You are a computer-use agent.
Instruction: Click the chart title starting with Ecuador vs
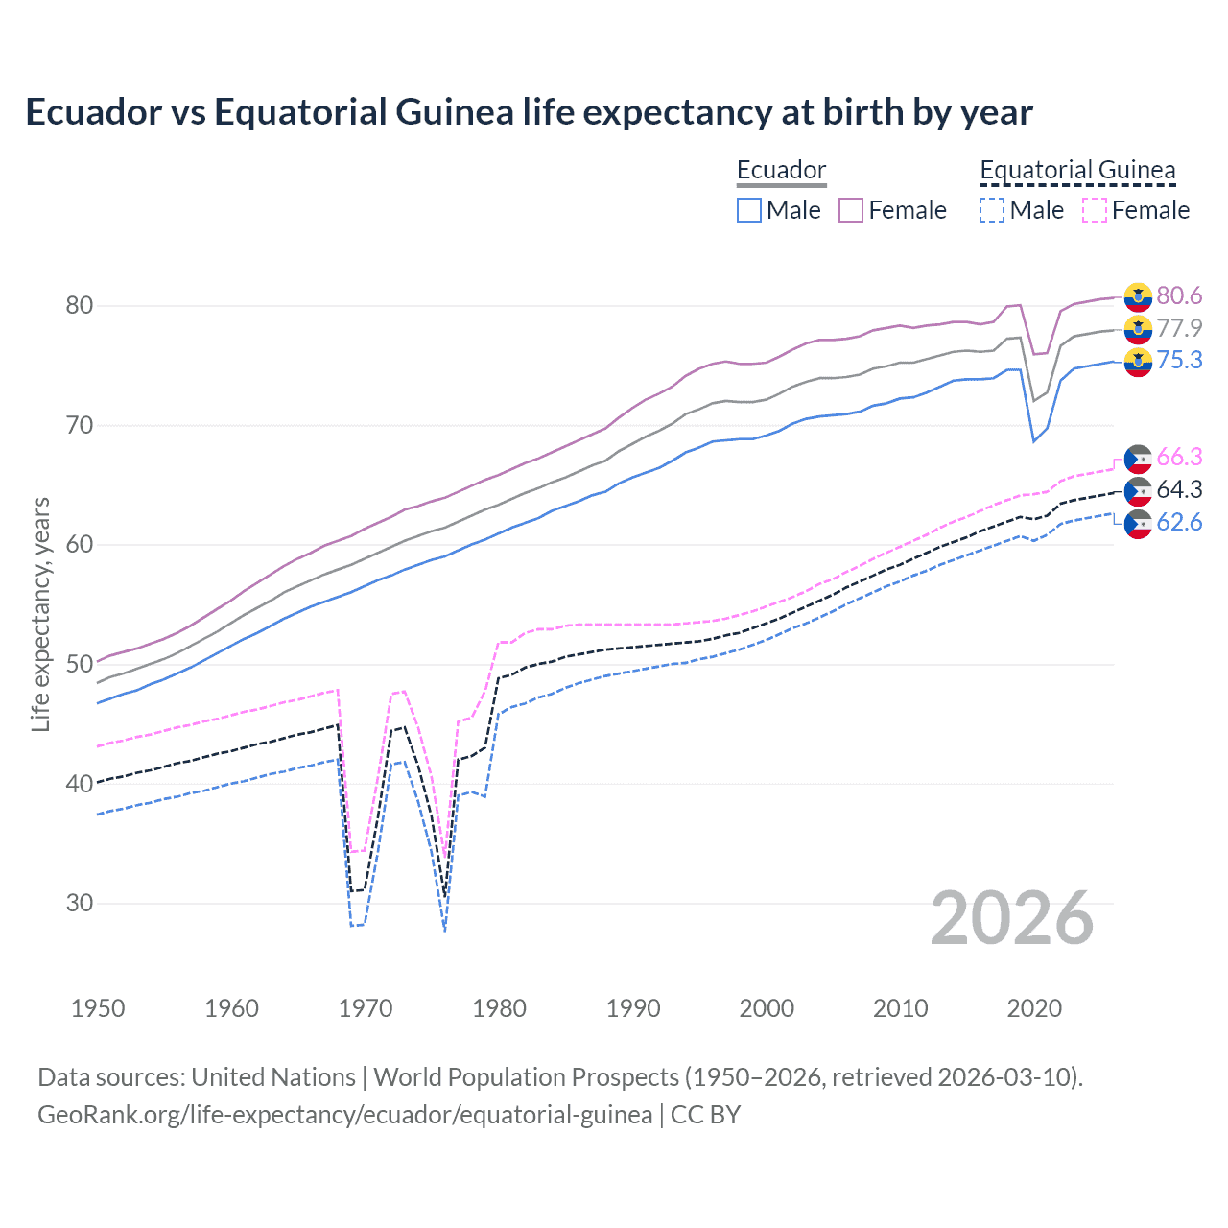click(x=529, y=112)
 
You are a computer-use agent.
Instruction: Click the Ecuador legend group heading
click(x=781, y=171)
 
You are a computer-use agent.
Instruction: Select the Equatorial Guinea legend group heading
click(x=1077, y=171)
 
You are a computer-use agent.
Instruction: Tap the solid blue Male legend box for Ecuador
click(x=749, y=210)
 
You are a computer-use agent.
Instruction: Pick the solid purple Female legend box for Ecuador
click(x=851, y=210)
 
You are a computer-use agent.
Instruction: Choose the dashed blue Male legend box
click(x=992, y=210)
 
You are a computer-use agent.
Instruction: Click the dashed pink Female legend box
click(x=1095, y=210)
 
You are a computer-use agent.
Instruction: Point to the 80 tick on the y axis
click(x=79, y=306)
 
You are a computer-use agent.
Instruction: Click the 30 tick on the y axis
click(x=79, y=903)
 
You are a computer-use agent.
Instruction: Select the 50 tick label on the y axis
click(x=79, y=664)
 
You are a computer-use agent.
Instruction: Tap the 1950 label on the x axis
click(x=98, y=1008)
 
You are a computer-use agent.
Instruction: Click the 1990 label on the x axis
click(x=633, y=1008)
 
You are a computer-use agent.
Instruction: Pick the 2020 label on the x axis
click(x=1034, y=1008)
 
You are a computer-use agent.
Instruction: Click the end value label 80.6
click(x=1179, y=296)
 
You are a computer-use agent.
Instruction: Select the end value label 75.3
click(x=1179, y=361)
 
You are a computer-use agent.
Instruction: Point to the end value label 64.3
click(x=1179, y=490)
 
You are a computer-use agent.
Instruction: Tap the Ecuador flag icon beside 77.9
click(x=1138, y=329)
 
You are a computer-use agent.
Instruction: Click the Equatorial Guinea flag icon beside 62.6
click(x=1138, y=524)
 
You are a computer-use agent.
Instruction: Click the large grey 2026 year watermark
click(x=1011, y=919)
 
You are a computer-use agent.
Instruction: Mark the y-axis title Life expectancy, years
click(x=41, y=614)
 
